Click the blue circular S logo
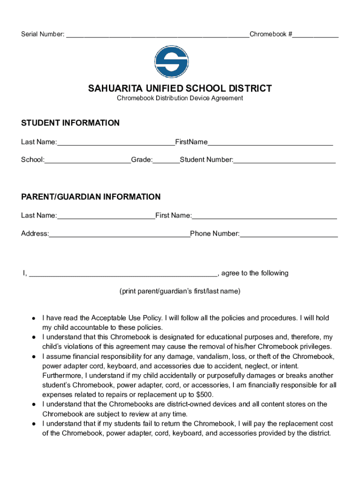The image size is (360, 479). click(172, 62)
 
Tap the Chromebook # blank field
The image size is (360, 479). click(316, 35)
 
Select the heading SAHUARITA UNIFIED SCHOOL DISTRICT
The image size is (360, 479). click(180, 88)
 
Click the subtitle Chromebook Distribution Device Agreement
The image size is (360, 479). click(180, 98)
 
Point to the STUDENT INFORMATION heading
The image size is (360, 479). click(70, 123)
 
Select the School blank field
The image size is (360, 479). click(88, 160)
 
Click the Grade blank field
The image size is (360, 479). click(166, 160)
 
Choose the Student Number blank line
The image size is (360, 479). click(284, 160)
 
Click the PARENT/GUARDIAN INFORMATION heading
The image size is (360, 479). click(91, 197)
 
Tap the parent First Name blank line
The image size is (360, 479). click(264, 216)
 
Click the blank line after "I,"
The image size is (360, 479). click(123, 274)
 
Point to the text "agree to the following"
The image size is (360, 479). click(255, 273)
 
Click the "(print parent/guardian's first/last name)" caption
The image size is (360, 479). click(180, 291)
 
